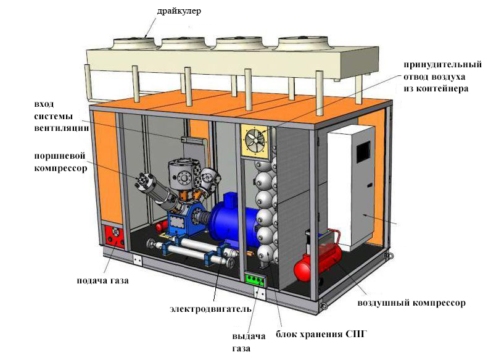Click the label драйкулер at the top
click(179, 11)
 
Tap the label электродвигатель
click(210, 309)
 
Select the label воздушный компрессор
click(411, 303)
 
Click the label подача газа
click(103, 280)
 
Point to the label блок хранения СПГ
click(321, 334)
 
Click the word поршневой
click(60, 156)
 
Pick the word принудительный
click(442, 65)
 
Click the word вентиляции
click(62, 128)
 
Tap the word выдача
click(249, 337)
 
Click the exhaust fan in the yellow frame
click(255, 141)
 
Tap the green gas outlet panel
click(255, 279)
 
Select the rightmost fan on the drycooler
click(303, 43)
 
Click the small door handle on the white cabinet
click(370, 185)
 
